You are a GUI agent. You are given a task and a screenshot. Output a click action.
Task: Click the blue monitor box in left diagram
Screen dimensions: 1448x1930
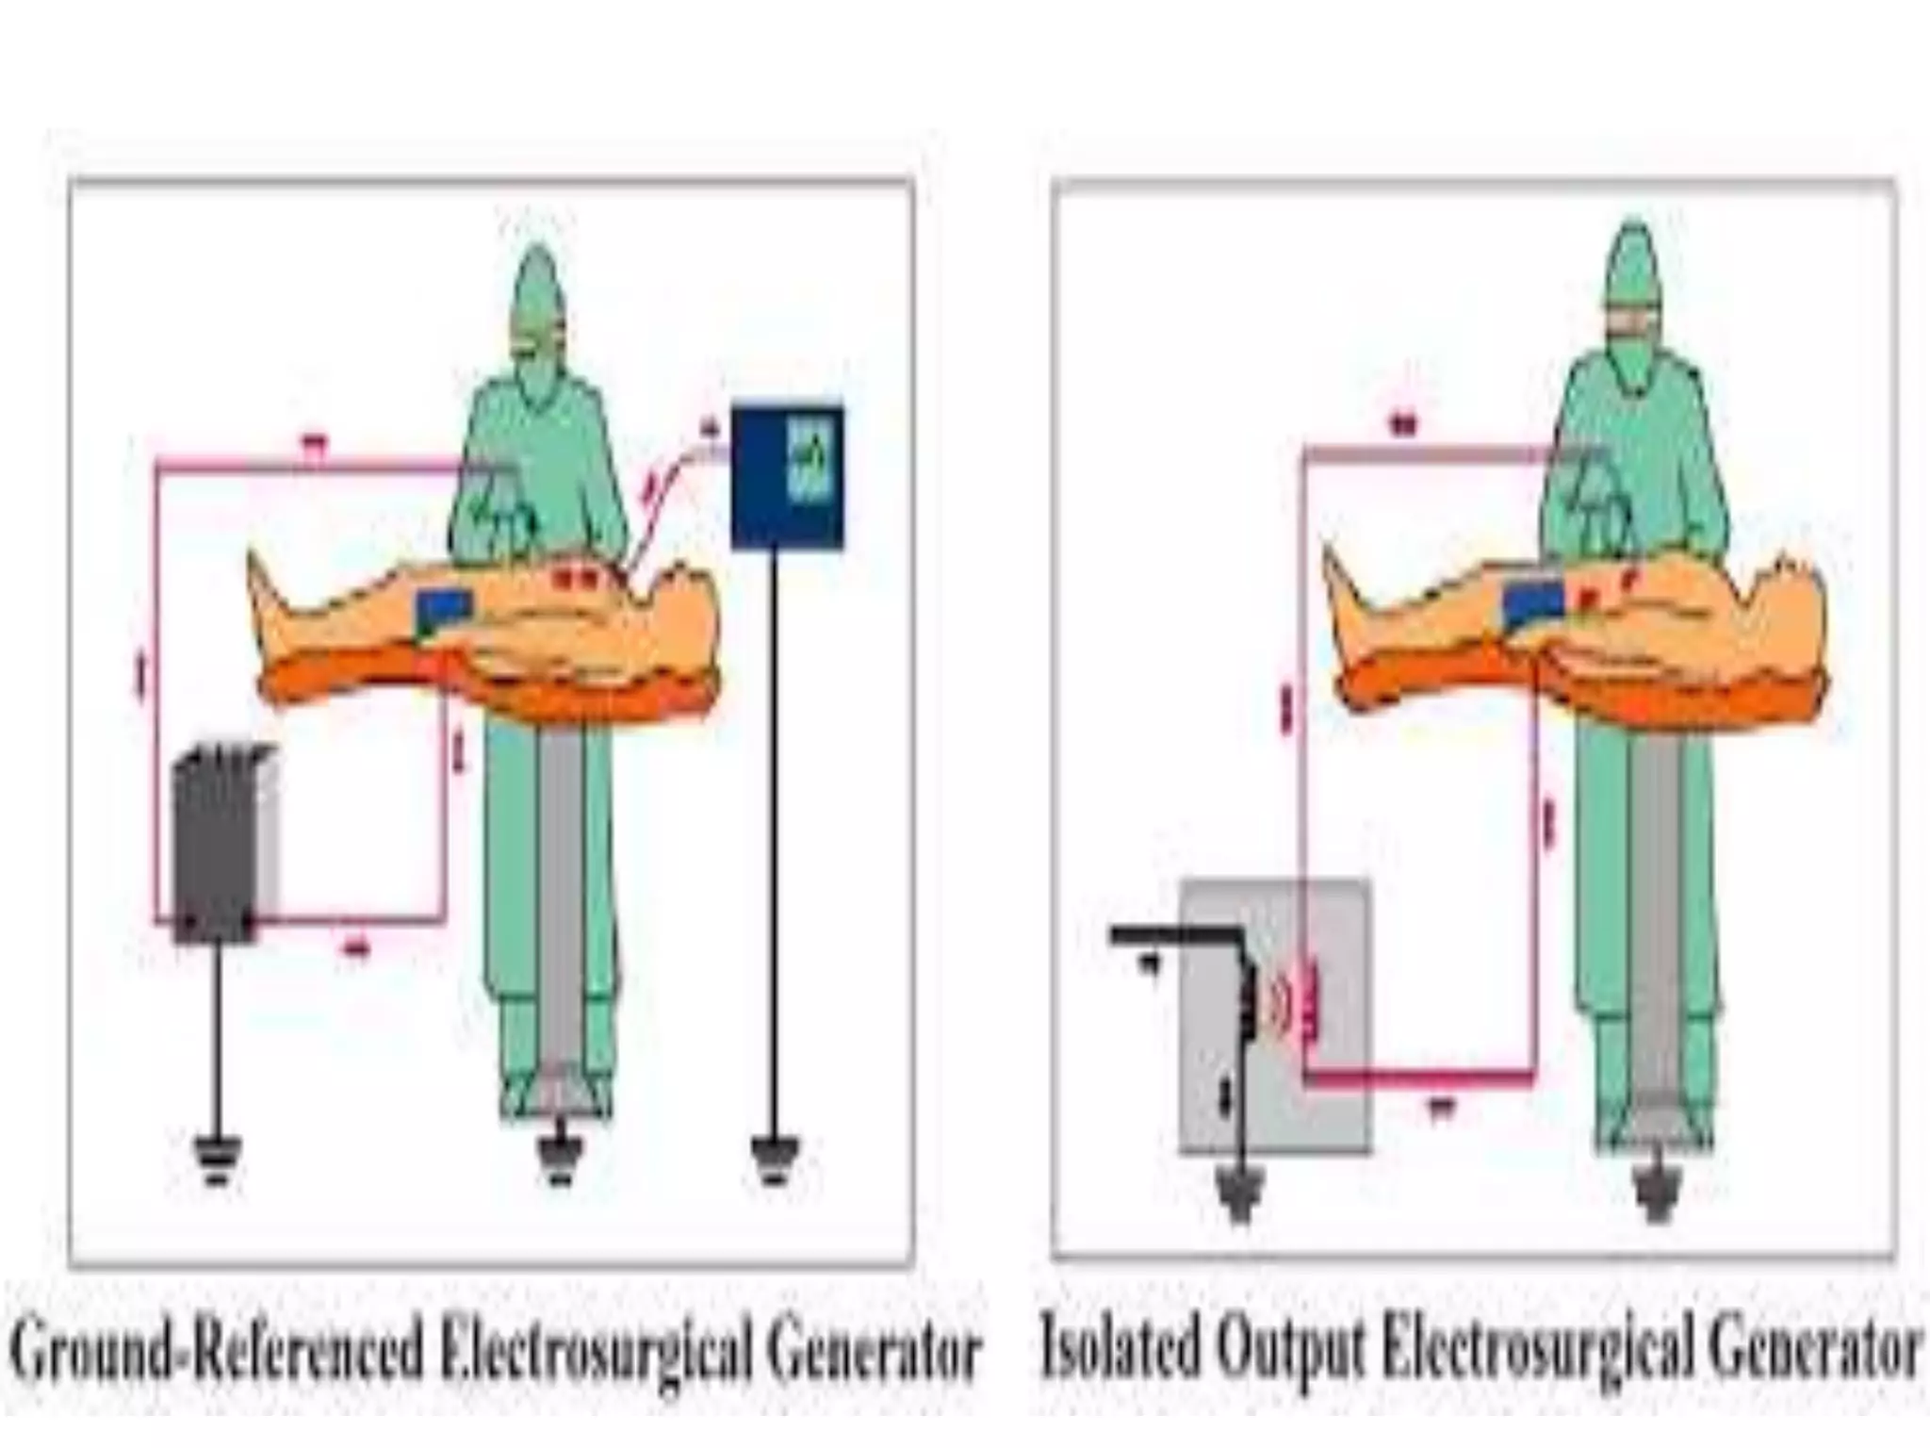click(787, 476)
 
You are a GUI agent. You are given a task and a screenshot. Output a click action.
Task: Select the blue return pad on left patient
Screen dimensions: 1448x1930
click(444, 611)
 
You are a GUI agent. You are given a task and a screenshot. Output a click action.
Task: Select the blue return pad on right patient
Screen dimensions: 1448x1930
click(1532, 603)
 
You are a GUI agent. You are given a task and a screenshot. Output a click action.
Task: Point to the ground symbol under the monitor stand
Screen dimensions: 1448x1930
click(776, 1160)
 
